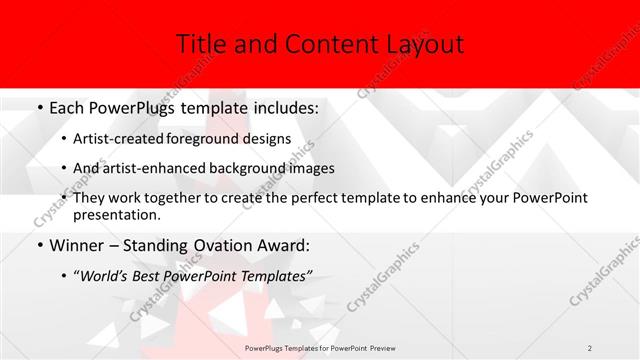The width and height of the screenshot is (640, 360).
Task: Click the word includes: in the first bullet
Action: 281,105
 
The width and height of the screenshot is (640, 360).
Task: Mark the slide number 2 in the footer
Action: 590,347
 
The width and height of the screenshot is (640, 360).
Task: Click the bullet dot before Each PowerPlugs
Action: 39,106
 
